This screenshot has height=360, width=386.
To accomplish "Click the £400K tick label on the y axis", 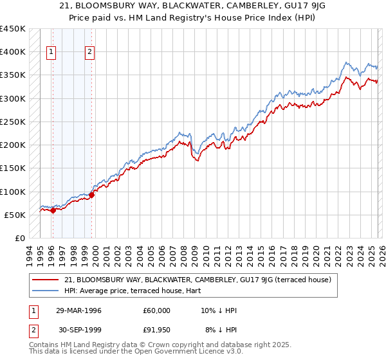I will pyautogui.click(x=13, y=52).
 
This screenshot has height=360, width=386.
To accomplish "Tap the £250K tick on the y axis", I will pyautogui.click(x=13, y=122).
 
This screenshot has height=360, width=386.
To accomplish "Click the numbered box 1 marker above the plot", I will pyautogui.click(x=51, y=53).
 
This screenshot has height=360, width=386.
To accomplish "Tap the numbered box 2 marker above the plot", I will pyautogui.click(x=90, y=53).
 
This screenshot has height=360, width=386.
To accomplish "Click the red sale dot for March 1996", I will pyautogui.click(x=53, y=210).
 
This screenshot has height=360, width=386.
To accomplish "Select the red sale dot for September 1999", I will pyautogui.click(x=92, y=195).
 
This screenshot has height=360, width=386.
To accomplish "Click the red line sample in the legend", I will pyautogui.click(x=46, y=280).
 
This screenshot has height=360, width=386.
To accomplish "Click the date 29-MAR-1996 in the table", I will pyautogui.click(x=78, y=310).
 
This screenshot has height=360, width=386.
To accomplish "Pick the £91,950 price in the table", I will pyautogui.click(x=157, y=330).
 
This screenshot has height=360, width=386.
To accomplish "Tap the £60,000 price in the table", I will pyautogui.click(x=157, y=310).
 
